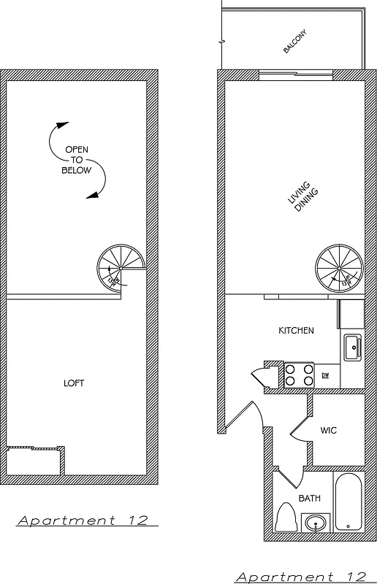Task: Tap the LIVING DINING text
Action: pyautogui.click(x=300, y=198)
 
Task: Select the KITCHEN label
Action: pyautogui.click(x=296, y=331)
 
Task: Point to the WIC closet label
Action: pyautogui.click(x=328, y=430)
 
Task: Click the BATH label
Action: pyautogui.click(x=309, y=499)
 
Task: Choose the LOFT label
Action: pyautogui.click(x=74, y=383)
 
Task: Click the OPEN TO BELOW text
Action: pyautogui.click(x=77, y=160)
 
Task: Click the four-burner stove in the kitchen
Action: pyautogui.click(x=299, y=374)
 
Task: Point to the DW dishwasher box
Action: pyautogui.click(x=326, y=375)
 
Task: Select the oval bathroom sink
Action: pyautogui.click(x=316, y=523)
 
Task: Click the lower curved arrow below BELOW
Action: pyautogui.click(x=99, y=182)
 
